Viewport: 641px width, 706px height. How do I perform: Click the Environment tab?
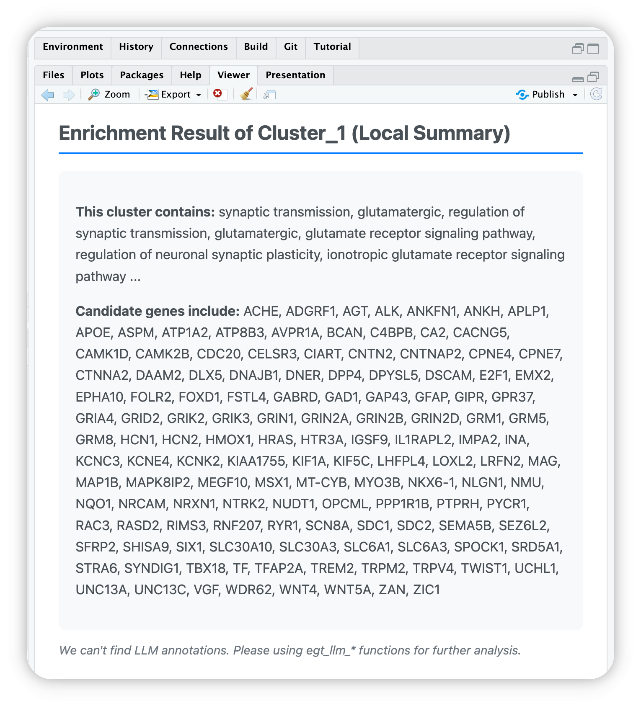tap(72, 46)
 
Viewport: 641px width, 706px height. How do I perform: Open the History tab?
tap(136, 46)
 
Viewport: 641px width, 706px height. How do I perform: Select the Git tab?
tap(290, 46)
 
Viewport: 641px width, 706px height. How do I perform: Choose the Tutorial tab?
tap(332, 46)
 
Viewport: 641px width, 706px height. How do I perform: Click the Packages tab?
tap(142, 75)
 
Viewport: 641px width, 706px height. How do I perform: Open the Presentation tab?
tap(295, 75)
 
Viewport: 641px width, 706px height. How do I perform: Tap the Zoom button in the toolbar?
tap(110, 94)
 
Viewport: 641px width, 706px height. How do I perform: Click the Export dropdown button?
tap(173, 94)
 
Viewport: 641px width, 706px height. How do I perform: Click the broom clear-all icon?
tap(246, 94)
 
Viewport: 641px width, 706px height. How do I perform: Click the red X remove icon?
tap(218, 93)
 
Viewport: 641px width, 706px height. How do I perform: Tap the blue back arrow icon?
tap(48, 95)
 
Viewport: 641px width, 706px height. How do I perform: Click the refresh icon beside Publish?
tap(596, 94)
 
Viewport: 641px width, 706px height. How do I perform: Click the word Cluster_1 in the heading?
tap(302, 133)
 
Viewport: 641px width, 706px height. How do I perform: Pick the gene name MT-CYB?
tap(321, 482)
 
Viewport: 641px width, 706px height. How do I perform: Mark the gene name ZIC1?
tap(426, 590)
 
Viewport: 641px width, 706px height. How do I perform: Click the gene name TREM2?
tap(332, 568)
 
